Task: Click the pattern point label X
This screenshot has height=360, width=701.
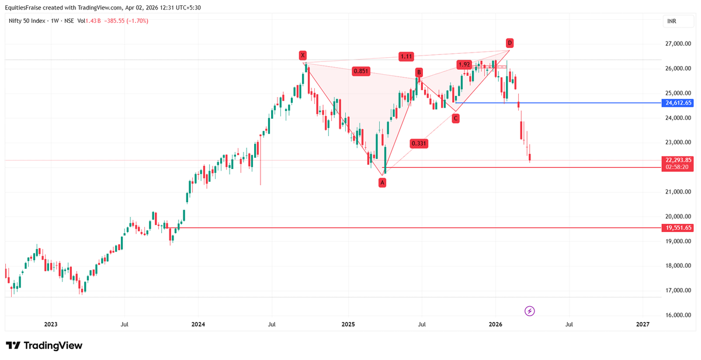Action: click(303, 56)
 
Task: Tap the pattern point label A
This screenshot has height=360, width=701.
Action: click(382, 183)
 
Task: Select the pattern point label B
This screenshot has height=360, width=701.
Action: click(419, 72)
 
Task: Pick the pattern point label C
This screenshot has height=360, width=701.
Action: click(455, 119)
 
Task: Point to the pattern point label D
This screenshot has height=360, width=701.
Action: click(509, 43)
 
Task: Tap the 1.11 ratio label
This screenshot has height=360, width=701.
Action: click(406, 57)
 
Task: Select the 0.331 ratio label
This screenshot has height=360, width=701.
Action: click(418, 143)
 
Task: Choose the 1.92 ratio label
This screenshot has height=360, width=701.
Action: click(464, 64)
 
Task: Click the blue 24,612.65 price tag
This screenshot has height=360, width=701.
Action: click(678, 103)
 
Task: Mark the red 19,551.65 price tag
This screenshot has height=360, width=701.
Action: click(678, 228)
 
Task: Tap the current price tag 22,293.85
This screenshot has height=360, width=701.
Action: click(678, 160)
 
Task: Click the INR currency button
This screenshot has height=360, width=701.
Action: click(673, 22)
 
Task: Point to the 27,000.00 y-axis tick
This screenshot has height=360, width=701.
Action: click(678, 44)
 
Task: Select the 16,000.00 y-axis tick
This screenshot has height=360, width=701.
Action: click(678, 315)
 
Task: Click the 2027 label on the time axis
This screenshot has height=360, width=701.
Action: click(643, 324)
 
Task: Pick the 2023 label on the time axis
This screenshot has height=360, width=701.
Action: click(51, 324)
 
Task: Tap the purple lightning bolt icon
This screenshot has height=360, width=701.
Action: click(530, 311)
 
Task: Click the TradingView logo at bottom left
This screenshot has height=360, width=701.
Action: click(44, 345)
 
